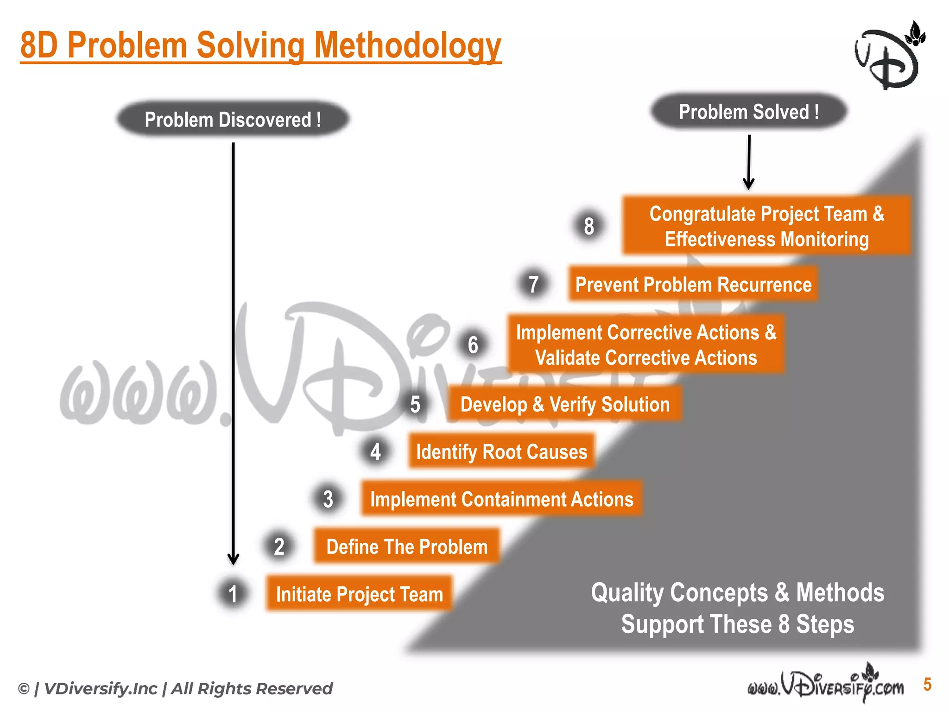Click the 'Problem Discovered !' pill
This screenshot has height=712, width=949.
coord(233,119)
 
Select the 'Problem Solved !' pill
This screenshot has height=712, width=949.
coord(748,112)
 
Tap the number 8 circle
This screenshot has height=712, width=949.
coord(588,226)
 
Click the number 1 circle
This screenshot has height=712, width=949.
coord(233,594)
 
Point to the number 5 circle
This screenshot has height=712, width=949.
coord(415,404)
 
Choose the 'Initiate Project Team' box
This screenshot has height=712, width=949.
coord(359,594)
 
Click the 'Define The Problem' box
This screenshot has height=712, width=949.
coord(407,547)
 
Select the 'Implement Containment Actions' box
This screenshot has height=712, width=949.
coord(501,499)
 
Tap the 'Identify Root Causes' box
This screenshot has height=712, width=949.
coord(501,451)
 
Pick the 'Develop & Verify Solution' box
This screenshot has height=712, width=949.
coord(564,404)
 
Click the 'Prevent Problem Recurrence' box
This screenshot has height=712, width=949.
coord(693,284)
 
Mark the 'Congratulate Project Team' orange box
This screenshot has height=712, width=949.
coord(766,226)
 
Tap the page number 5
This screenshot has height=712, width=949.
coord(927,684)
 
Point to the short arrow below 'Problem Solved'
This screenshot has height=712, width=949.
coord(749,162)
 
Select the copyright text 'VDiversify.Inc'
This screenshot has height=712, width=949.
coord(100,689)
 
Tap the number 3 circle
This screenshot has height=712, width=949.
coord(328,499)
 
